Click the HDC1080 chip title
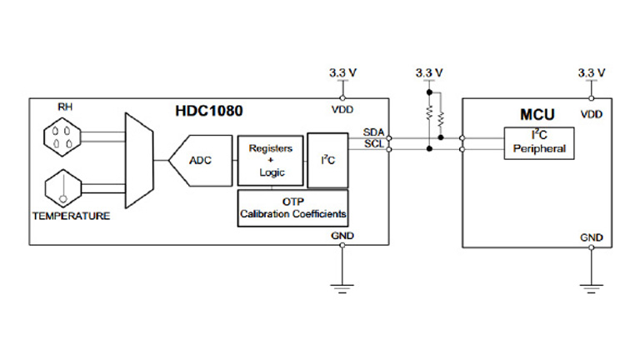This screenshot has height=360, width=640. (x=203, y=110)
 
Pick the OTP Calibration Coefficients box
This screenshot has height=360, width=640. (x=292, y=207)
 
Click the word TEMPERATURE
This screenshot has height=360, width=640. (x=71, y=216)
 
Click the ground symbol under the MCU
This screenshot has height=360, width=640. (x=591, y=288)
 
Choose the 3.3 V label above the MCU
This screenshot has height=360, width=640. (x=591, y=73)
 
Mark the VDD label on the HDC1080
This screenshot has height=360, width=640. (x=342, y=110)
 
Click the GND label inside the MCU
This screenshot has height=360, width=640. (x=591, y=237)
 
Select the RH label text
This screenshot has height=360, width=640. (x=64, y=107)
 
